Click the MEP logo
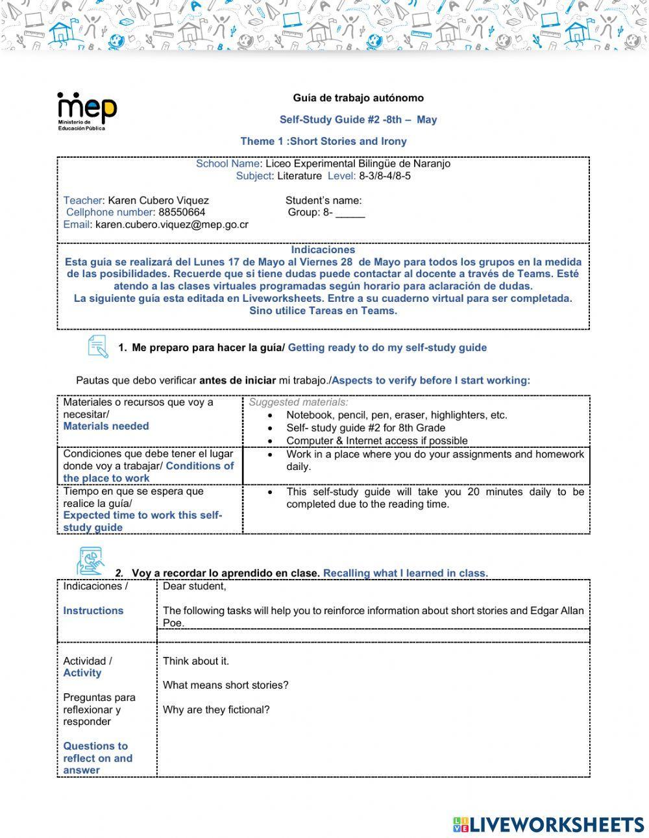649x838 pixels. [87, 111]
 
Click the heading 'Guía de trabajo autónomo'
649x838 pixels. [358, 98]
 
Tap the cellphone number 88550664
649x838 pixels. [182, 212]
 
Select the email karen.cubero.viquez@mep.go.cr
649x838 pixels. [171, 225]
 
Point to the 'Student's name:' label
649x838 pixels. [323, 201]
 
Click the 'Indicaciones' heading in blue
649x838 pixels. [323, 250]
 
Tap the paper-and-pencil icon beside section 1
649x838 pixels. [97, 346]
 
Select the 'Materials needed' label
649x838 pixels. [106, 426]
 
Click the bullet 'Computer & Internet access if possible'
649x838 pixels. [376, 441]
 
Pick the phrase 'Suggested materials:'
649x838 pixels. [299, 402]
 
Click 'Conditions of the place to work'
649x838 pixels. [148, 472]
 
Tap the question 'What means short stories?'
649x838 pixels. [225, 685]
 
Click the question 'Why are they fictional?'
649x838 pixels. [215, 710]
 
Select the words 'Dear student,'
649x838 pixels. [194, 587]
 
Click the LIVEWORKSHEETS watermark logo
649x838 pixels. [548, 824]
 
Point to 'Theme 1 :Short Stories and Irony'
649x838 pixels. [323, 142]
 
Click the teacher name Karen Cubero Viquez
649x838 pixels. [158, 201]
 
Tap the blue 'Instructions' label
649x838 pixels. [93, 611]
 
